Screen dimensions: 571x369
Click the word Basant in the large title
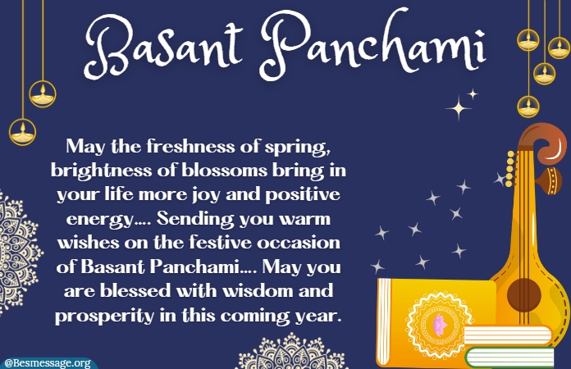(164, 48)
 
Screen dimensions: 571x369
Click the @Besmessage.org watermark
(48, 363)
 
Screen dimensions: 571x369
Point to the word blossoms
(224, 171)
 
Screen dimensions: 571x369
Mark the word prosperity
(104, 316)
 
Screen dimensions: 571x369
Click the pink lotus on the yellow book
(440, 324)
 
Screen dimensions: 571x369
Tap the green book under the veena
(509, 358)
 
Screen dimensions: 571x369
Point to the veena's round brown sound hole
(524, 295)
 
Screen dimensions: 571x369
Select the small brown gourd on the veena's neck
(552, 181)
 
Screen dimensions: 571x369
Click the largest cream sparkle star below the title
(459, 107)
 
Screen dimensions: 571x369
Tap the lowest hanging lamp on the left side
(23, 132)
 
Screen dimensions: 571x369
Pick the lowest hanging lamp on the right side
(528, 107)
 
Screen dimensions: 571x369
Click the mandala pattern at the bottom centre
(293, 353)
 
